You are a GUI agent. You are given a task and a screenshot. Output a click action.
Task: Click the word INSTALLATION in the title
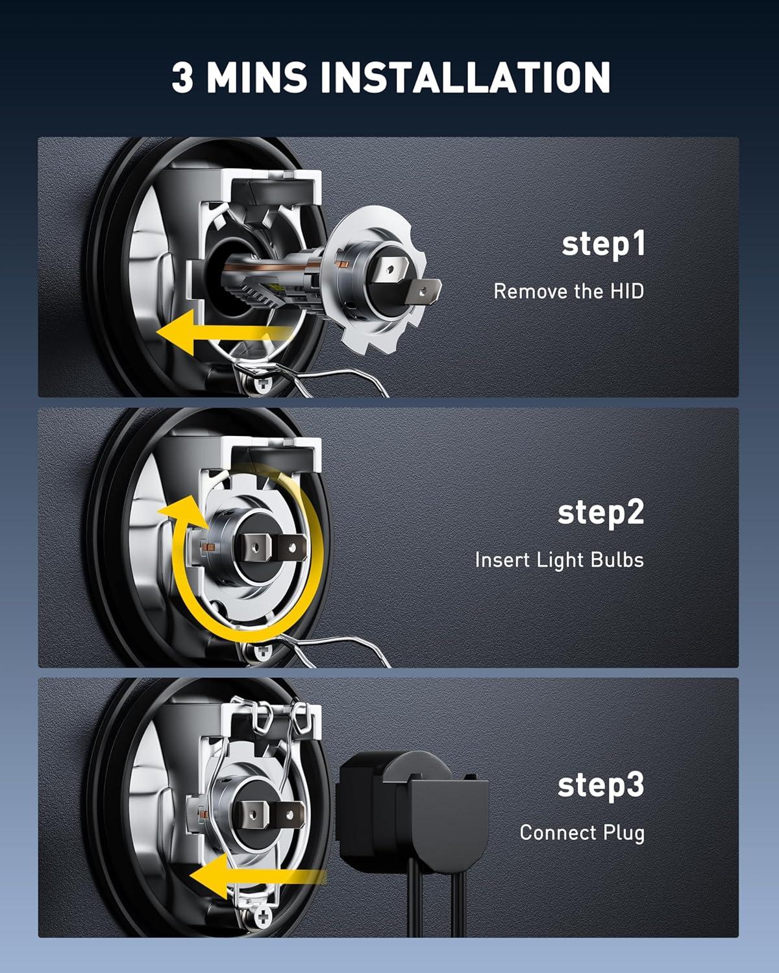(465, 77)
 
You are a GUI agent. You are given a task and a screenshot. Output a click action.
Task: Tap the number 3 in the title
(182, 77)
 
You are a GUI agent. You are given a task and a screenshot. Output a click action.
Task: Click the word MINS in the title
(256, 77)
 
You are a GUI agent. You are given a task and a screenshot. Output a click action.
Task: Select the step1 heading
(603, 245)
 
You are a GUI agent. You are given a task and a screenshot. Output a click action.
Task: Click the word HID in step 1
(627, 291)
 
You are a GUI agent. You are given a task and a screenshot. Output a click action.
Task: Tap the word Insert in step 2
(502, 560)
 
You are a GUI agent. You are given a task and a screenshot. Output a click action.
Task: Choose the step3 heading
(600, 786)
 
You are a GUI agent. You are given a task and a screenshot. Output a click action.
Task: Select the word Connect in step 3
(558, 833)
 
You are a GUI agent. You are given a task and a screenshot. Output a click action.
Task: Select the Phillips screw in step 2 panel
(262, 653)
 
